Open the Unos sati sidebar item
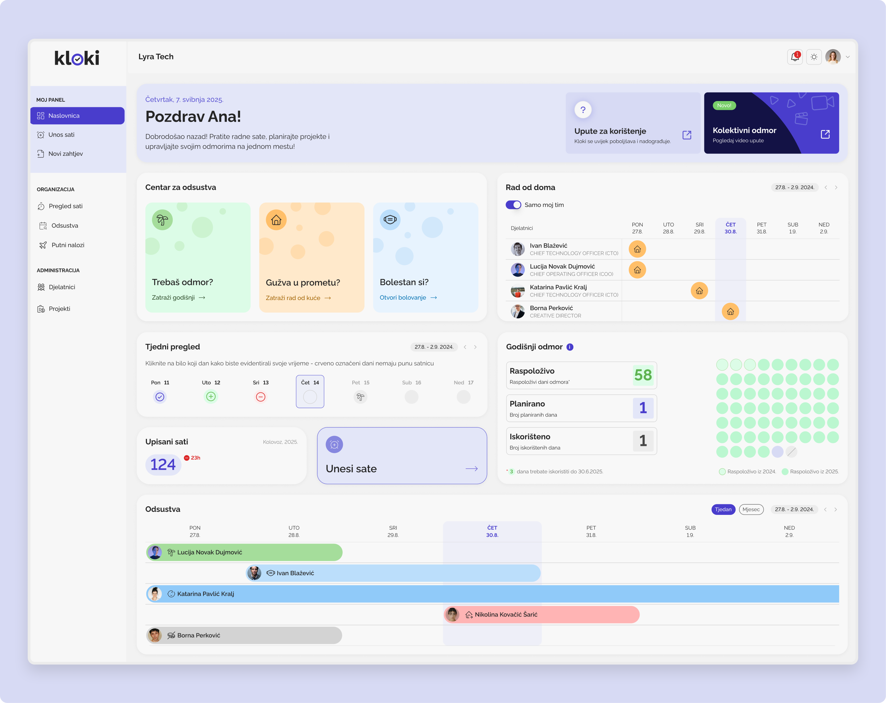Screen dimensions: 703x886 click(x=61, y=135)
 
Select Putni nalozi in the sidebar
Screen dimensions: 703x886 click(x=67, y=245)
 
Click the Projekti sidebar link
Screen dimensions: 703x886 click(x=59, y=309)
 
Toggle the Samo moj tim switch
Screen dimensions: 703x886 click(x=513, y=205)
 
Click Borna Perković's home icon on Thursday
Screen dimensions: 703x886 click(x=730, y=312)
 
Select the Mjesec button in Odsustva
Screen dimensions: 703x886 click(x=751, y=510)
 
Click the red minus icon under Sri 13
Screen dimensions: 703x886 click(x=261, y=397)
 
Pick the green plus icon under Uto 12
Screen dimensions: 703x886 click(x=211, y=397)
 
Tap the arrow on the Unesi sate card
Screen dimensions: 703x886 click(x=471, y=469)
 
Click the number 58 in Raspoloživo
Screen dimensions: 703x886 click(x=643, y=375)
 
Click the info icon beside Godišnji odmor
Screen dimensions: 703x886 click(x=570, y=347)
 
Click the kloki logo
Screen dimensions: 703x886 click(x=77, y=58)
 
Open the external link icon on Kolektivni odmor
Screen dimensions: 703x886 click(x=825, y=134)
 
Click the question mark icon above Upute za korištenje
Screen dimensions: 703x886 click(x=583, y=110)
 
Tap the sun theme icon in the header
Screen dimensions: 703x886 click(x=814, y=57)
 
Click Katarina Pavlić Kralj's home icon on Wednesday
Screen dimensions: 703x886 click(x=699, y=291)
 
